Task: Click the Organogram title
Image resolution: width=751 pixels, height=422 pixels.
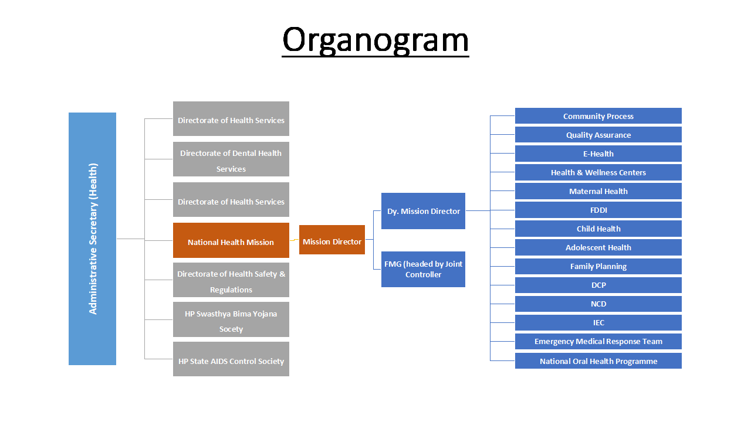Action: coord(375,40)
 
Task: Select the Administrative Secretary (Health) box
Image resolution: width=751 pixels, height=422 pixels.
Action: coord(92,239)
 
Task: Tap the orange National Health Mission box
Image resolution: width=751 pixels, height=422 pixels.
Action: coord(231,240)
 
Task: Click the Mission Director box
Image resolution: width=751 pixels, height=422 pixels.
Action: coord(332,240)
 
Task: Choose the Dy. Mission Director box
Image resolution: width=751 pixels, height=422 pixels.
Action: coord(423,211)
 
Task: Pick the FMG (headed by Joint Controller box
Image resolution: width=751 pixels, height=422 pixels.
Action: coord(423,269)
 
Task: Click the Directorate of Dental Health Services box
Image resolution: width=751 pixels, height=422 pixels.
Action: coord(231,159)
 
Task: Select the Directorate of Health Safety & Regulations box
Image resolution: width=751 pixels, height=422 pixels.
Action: coord(231,280)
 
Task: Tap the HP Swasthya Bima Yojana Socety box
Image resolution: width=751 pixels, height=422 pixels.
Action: coord(231,319)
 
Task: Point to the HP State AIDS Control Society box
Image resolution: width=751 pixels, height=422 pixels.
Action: coord(231,359)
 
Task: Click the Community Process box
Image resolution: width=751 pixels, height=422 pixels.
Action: coord(598,116)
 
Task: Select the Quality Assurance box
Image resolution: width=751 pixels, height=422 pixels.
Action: coord(598,135)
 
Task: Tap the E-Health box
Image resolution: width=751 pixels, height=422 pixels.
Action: coord(598,154)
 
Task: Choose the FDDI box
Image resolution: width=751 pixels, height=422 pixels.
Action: coord(598,210)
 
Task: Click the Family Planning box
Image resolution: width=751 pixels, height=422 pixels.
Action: coord(598,266)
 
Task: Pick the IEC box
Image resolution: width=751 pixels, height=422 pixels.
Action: coord(598,322)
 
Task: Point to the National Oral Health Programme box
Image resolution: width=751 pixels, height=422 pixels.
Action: coord(598,360)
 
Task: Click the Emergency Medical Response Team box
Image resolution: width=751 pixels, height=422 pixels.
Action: coord(598,341)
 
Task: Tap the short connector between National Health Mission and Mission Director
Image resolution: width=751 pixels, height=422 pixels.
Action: coord(294,240)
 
